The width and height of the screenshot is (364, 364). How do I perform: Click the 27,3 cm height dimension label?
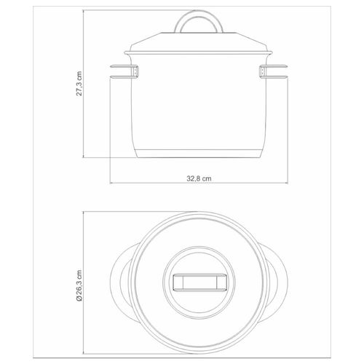point(79,84)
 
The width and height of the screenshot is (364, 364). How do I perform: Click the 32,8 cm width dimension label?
point(199,178)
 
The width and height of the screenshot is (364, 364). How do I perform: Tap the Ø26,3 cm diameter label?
point(79,285)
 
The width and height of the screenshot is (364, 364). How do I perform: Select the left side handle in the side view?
point(124,71)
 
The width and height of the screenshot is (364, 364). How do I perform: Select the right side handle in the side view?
point(274,71)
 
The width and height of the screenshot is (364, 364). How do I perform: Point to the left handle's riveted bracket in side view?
point(135,71)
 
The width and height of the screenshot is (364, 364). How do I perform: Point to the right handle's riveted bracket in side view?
point(263,71)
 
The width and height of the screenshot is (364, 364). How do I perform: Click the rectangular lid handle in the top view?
point(199,282)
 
